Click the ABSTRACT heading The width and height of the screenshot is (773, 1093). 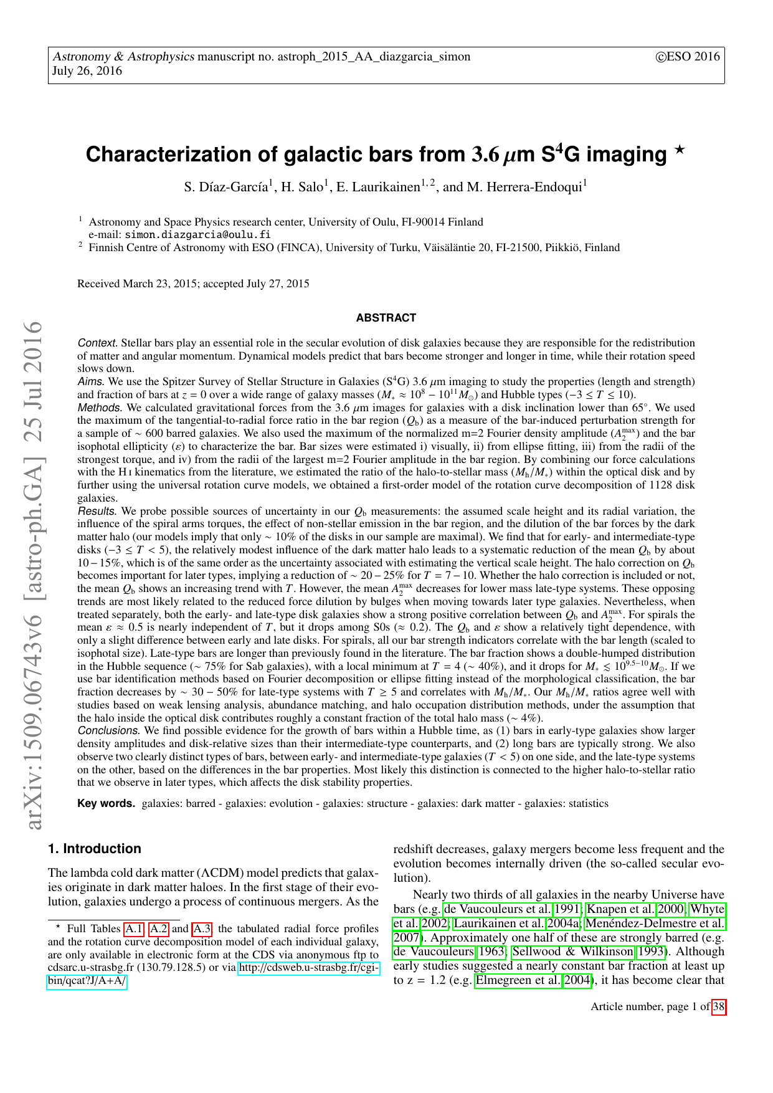pos(386,318)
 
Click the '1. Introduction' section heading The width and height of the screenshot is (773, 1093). pos(95,848)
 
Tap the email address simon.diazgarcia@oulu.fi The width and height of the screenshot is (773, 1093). pos(197,234)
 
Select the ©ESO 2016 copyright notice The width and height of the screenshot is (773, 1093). pos(687,57)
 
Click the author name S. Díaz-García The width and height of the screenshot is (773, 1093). pos(227,187)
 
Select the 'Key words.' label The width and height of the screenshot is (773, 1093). pos(106,803)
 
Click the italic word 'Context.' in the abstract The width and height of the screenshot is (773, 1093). pos(98,343)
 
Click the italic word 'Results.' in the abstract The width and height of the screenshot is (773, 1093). pos(98,511)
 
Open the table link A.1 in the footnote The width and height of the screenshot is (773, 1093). pos(133,928)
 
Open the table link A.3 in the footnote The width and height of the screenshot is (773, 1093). pos(202,928)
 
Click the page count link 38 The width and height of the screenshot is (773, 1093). pos(719,1006)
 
